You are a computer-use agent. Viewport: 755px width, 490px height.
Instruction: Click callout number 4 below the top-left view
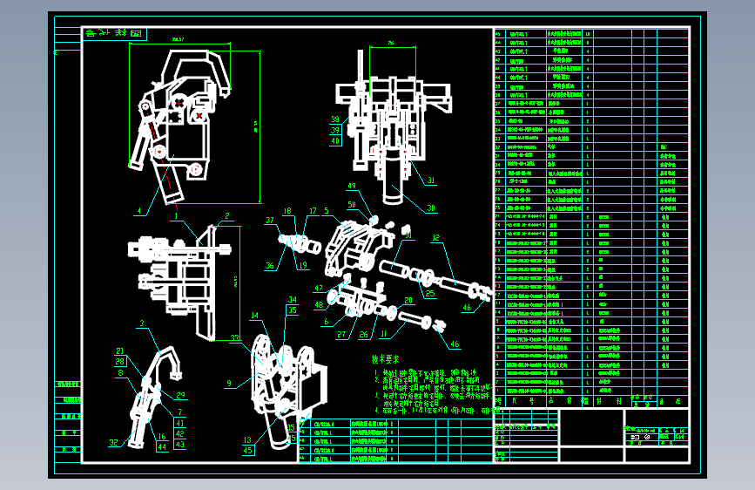[x=138, y=209]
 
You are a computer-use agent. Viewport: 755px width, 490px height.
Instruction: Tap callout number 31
[x=429, y=180]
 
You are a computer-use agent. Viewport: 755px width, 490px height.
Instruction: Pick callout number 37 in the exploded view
[x=270, y=221]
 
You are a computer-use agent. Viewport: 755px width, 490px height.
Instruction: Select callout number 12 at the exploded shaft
[x=436, y=238]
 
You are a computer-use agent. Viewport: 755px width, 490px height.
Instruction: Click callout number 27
[x=340, y=334]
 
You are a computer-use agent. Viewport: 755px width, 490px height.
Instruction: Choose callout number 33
[x=235, y=337]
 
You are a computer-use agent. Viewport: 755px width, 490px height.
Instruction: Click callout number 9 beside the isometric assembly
[x=228, y=383]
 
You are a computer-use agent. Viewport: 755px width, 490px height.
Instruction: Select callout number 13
[x=247, y=440]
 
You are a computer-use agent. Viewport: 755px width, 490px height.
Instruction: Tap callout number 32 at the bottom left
[x=113, y=443]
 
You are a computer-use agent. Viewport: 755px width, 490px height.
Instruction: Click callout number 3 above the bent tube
[x=140, y=323]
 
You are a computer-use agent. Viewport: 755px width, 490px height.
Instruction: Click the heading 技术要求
[x=386, y=358]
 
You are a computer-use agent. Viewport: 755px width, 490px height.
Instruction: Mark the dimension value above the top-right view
[x=390, y=42]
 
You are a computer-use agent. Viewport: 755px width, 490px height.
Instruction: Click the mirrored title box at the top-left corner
[x=114, y=34]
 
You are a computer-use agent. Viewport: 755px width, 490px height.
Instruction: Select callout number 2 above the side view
[x=226, y=216]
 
